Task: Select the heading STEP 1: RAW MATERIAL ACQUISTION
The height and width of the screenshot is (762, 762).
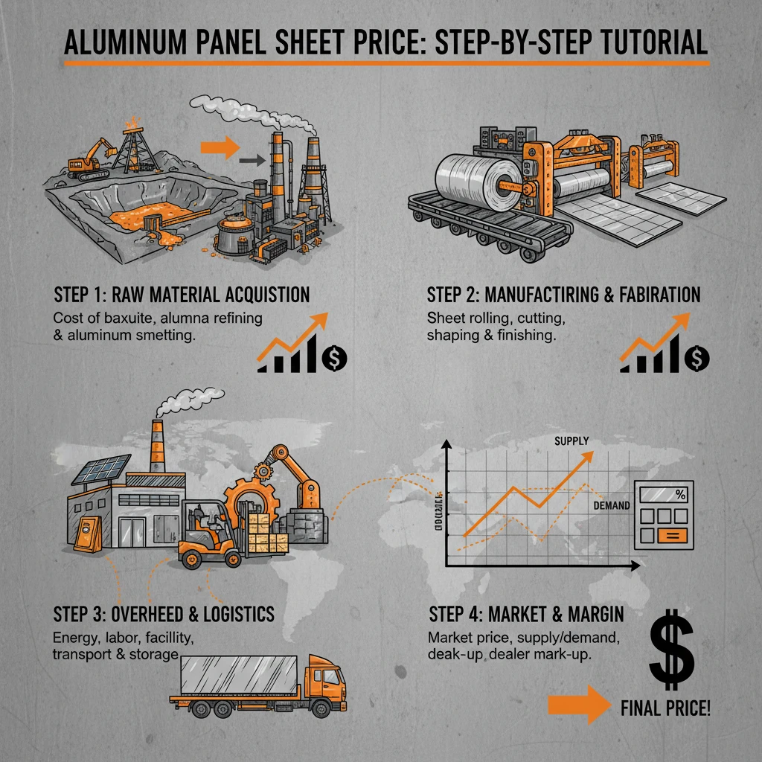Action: point(182,294)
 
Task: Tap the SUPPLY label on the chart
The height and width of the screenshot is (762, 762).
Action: point(571,441)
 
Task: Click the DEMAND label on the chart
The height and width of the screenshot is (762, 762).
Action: point(612,505)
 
